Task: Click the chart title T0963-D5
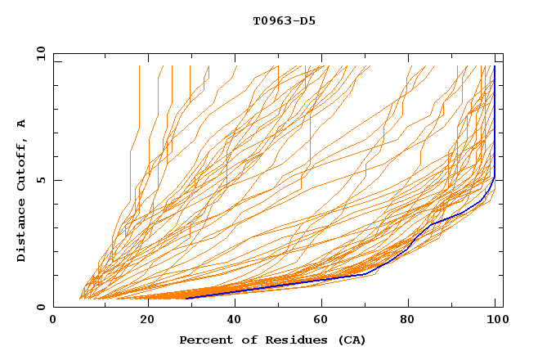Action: coord(284,20)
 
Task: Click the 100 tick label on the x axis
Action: coord(495,320)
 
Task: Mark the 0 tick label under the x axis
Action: coord(53,320)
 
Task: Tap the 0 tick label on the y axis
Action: coord(40,307)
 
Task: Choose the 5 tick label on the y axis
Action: coord(40,180)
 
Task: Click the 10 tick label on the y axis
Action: coord(38,53)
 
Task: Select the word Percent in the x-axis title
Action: coord(202,340)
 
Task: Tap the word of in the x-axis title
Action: coord(241,340)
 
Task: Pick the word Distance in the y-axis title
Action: coord(21,233)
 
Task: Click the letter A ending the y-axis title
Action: coord(21,124)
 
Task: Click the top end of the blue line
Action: coord(494,66)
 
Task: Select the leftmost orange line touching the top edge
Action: coord(139,67)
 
